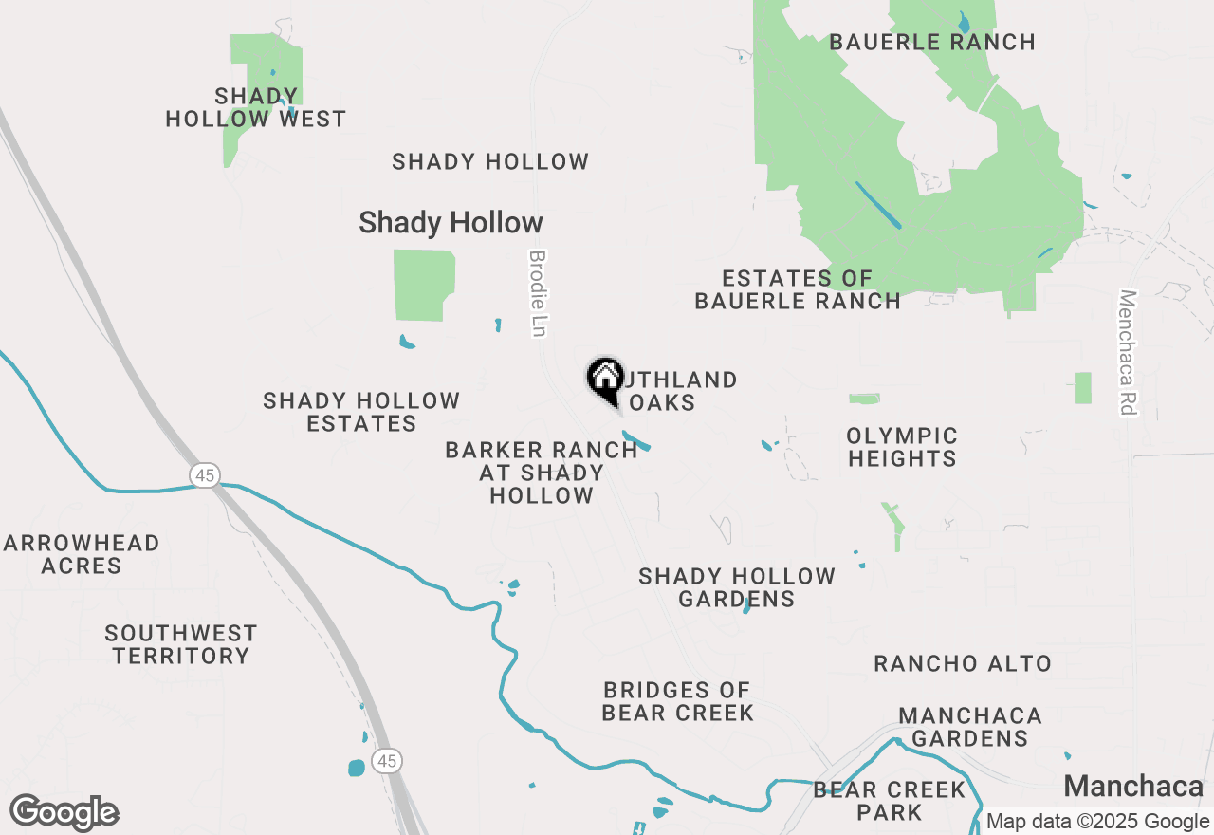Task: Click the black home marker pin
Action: coord(605,380)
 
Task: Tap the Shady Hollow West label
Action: coord(256,107)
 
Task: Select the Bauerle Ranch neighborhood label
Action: coord(931,42)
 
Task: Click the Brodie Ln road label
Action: coord(538,293)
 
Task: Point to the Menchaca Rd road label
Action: coord(1127,352)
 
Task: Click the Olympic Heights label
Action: coord(902,447)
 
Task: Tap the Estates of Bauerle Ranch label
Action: coord(798,289)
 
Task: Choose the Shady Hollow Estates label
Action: coord(362,412)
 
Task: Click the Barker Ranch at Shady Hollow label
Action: coord(542,473)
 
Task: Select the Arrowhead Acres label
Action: coord(82,554)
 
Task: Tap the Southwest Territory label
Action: coord(180,644)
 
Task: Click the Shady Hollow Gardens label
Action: coord(737,587)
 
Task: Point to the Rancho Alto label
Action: coord(963,663)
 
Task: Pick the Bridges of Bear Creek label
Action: coord(677,701)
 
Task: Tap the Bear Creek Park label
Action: coord(889,801)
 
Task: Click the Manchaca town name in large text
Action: coord(1133,786)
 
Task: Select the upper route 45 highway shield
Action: coord(205,474)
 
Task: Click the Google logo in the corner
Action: coord(64,813)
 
